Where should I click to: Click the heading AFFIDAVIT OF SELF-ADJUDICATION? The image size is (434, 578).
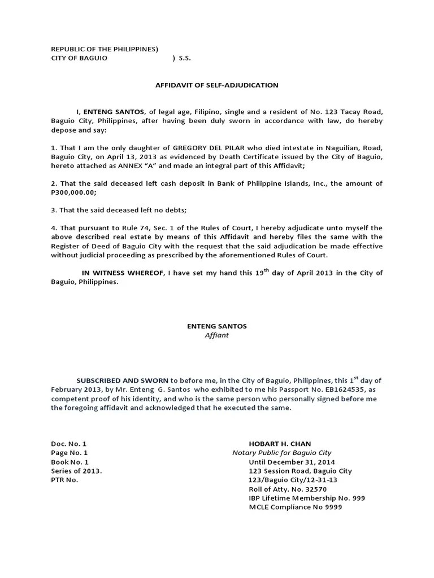[x=217, y=85]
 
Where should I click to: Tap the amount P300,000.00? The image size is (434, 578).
[x=73, y=192]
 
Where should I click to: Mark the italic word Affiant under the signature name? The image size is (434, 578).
[x=217, y=335]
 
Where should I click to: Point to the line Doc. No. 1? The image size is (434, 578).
[x=69, y=444]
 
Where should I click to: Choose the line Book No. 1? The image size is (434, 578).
[x=70, y=462]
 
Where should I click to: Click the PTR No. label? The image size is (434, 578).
[x=64, y=480]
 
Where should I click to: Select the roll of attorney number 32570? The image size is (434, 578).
[x=315, y=489]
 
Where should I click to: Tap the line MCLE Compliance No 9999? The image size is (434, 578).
[x=295, y=507]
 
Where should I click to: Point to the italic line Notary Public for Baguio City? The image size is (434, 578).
[x=281, y=453]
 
